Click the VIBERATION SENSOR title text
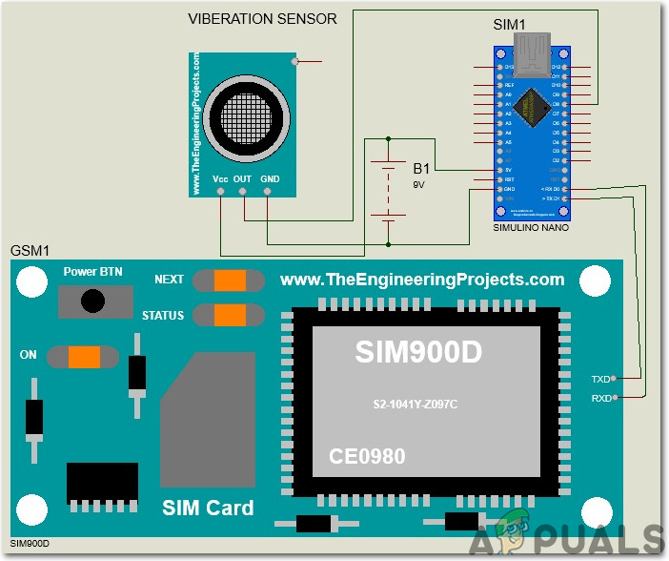coord(261,19)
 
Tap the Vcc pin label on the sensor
coord(220,178)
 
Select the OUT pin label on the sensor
coord(243,178)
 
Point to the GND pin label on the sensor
coord(270,178)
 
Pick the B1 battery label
coord(421,168)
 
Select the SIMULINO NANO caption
coord(530,230)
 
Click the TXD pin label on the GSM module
coord(600,379)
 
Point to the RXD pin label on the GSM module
coord(600,397)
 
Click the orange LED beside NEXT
coord(229,280)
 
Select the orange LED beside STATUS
coord(229,315)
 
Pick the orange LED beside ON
coord(84,356)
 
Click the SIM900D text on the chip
coord(418,352)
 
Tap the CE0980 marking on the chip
coord(367,457)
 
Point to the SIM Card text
coord(208,507)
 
